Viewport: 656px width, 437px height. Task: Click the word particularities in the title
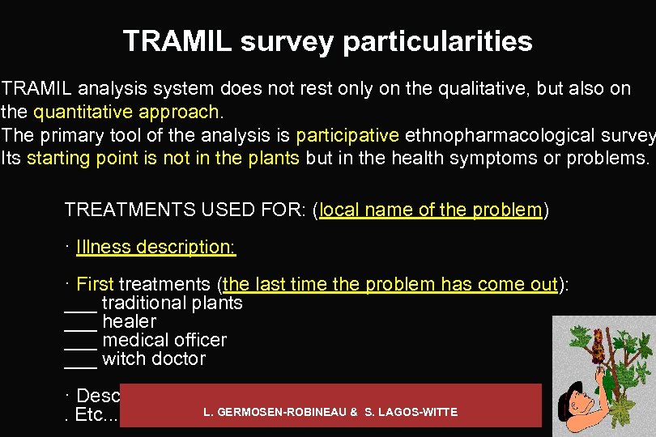coord(437,41)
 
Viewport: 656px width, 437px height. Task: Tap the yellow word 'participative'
coord(347,134)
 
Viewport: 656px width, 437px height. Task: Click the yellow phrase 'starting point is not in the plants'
coord(163,158)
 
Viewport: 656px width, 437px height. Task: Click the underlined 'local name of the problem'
coord(430,210)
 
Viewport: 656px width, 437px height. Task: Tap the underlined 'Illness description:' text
coord(155,247)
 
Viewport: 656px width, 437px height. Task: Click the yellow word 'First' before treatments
coord(95,284)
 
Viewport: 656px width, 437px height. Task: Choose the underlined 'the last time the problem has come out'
coord(390,284)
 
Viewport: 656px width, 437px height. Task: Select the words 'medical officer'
coord(164,340)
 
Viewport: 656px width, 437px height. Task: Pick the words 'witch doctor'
coord(154,359)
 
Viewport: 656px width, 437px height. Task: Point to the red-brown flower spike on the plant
coord(598,343)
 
